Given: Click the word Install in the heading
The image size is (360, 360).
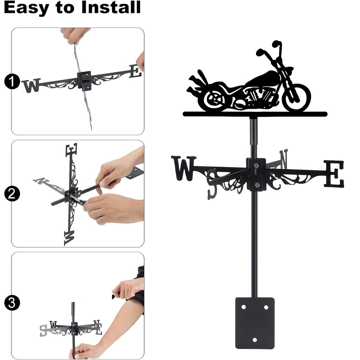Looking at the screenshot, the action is pyautogui.click(x=111, y=7).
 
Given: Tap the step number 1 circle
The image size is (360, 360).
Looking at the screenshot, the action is pyautogui.click(x=12, y=81).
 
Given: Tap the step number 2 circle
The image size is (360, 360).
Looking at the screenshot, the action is pyautogui.click(x=12, y=194).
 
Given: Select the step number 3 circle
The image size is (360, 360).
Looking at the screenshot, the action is pyautogui.click(x=12, y=303).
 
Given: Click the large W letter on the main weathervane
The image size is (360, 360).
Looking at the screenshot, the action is pyautogui.click(x=184, y=168).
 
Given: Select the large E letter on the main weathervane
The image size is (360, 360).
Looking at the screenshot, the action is pyautogui.click(x=334, y=174).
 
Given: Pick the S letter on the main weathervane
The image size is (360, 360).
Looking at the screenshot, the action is pyautogui.click(x=212, y=184).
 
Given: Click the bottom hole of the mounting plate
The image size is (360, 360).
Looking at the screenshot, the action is pyautogui.click(x=255, y=339).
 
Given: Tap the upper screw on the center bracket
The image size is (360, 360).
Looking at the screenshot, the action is pyautogui.click(x=256, y=165).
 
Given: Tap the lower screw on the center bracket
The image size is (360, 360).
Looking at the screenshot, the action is pyautogui.click(x=257, y=185).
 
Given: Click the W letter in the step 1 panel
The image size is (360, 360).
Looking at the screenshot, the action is pyautogui.click(x=31, y=85).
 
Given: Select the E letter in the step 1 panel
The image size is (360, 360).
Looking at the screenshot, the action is pyautogui.click(x=135, y=71).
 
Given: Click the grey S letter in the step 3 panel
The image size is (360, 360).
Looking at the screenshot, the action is pyautogui.click(x=43, y=330).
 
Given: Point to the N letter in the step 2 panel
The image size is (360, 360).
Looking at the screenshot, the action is pyautogui.click(x=41, y=181).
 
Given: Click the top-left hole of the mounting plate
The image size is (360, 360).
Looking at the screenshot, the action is pyautogui.click(x=244, y=307).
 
